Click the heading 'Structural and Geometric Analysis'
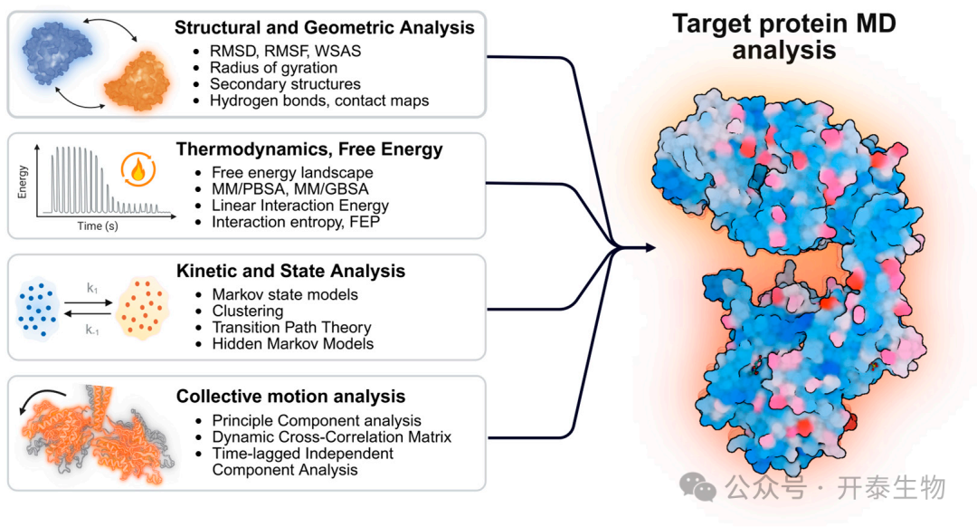pos(324,27)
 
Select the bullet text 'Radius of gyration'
pos(273,67)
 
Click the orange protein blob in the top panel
pos(138,81)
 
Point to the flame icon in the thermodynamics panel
pos(138,169)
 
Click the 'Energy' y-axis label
pos(23,181)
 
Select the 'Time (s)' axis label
pos(98,225)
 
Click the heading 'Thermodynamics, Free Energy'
pos(309,149)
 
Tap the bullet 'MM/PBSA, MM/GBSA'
pos(289,189)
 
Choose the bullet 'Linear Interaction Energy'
pos(300,206)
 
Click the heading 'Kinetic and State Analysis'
pos(291,271)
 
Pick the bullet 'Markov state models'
pos(285,294)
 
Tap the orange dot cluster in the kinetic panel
pos(143,308)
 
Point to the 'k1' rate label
pos(92,288)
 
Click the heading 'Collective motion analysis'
pos(291,396)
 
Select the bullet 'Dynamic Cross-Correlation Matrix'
pos(332,436)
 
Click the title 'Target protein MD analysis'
pos(783,37)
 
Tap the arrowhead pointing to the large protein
pos(650,247)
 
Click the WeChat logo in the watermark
pos(697,487)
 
